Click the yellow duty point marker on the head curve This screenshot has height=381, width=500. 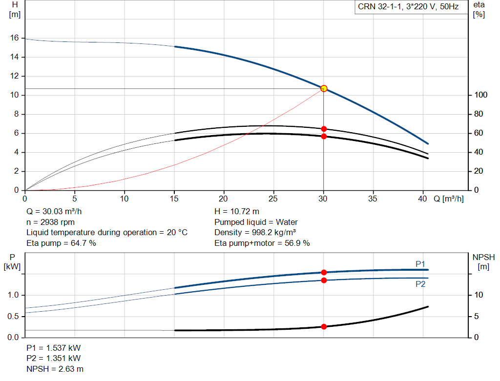coord(324,89)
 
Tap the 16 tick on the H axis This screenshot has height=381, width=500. coord(14,38)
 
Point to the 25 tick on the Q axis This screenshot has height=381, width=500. coord(273,199)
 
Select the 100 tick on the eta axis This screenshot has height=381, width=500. coord(480,95)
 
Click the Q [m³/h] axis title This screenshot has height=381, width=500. coord(448,199)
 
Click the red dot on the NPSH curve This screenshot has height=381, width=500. coord(324,326)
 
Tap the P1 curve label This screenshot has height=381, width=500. coord(420,264)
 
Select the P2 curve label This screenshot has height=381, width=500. coord(420,284)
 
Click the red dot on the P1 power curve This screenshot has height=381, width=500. coord(324,272)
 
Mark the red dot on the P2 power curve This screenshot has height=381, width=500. coord(324,281)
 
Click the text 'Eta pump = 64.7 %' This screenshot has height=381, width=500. coord(61,243)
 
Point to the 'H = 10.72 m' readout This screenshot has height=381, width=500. coord(237,212)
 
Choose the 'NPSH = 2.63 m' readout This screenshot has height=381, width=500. coord(55,369)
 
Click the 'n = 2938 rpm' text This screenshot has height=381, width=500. coord(50,222)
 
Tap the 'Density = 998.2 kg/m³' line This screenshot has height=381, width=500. coord(255,233)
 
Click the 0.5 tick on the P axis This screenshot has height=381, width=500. coord(13,316)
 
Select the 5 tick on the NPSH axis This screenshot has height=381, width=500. coord(477,316)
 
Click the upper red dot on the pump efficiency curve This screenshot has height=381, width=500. coord(324,129)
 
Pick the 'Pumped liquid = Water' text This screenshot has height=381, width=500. coord(256,222)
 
